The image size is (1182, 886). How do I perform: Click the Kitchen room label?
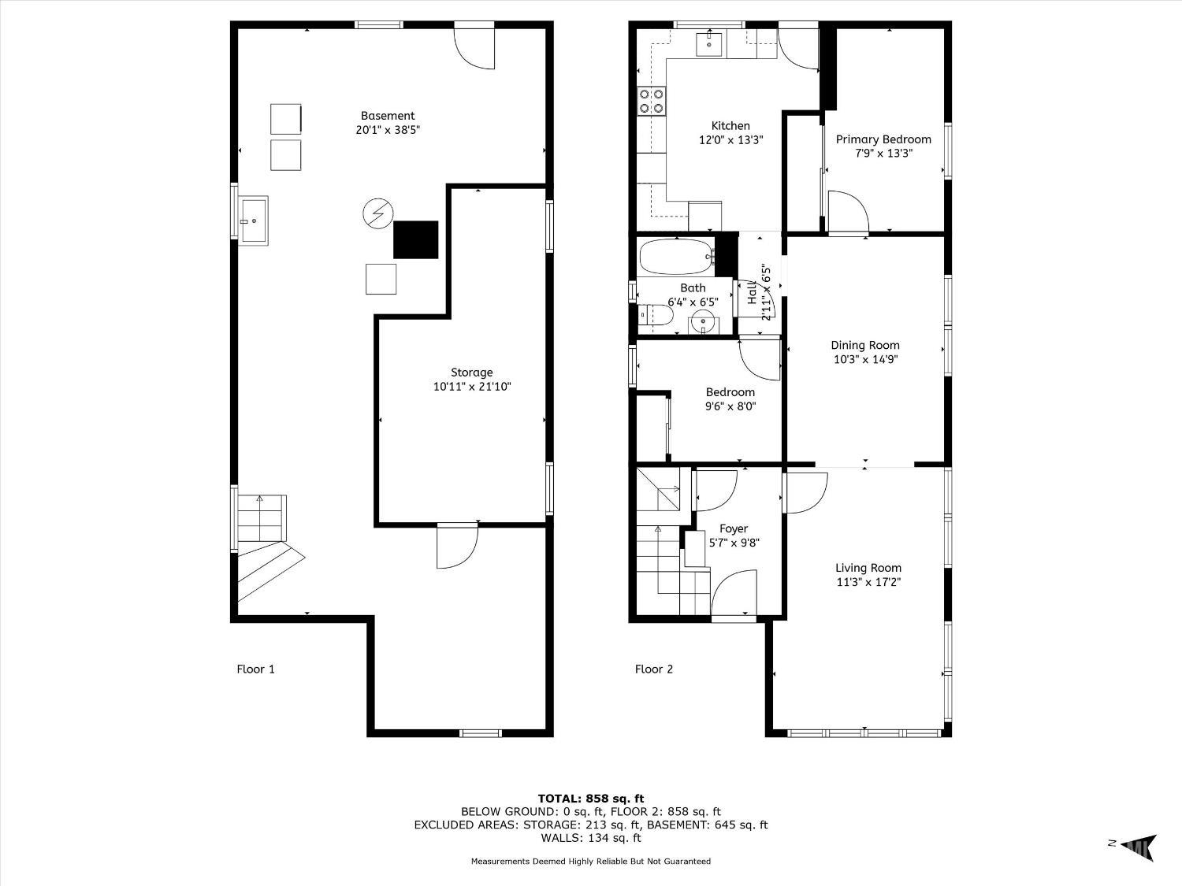click(730, 126)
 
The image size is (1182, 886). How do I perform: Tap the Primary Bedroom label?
click(883, 139)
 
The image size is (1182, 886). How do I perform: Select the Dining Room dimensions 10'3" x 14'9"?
click(865, 359)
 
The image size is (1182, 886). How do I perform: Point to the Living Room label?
click(868, 568)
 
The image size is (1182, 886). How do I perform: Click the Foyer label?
click(734, 529)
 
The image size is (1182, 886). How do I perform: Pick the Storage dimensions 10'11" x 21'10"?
click(472, 386)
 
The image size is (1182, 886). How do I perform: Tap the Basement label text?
click(388, 116)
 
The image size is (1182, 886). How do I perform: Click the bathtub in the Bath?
click(677, 257)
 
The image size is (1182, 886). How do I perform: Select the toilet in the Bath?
click(655, 315)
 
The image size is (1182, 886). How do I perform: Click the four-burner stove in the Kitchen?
click(651, 101)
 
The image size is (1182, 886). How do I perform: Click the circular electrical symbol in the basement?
click(378, 213)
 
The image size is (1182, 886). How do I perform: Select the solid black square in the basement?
click(416, 240)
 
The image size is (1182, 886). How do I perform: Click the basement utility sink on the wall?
click(253, 221)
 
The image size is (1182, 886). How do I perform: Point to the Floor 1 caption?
click(256, 669)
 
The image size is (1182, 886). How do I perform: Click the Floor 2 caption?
click(654, 669)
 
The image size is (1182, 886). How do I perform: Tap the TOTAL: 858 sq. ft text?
click(591, 799)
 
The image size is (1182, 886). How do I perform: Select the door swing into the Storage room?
click(457, 546)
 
